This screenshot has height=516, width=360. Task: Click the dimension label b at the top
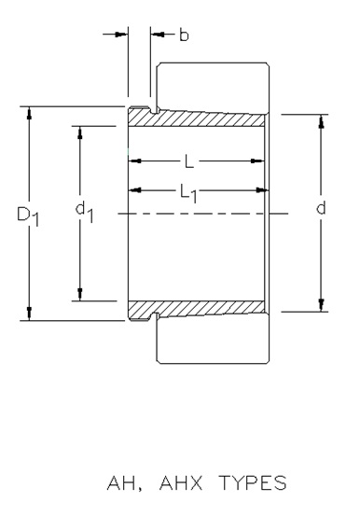tap(184, 35)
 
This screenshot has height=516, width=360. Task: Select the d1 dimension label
tap(84, 212)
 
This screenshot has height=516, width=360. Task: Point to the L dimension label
tap(189, 161)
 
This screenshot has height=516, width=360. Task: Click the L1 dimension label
tap(188, 193)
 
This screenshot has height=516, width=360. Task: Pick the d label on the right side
tap(321, 208)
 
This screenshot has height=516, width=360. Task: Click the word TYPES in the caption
tap(253, 482)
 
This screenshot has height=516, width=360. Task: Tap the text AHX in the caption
tap(181, 482)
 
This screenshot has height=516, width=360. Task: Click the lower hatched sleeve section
tap(196, 309)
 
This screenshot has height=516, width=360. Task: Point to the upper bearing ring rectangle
tap(213, 87)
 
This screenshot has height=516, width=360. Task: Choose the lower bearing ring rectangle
tap(213, 339)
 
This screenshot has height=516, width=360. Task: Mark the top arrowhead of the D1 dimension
tap(29, 113)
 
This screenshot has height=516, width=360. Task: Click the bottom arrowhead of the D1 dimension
tap(29, 314)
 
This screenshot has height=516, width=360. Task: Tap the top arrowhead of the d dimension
tap(322, 121)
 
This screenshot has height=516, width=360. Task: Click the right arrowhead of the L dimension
tap(257, 161)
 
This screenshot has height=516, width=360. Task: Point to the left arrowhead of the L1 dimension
tap(135, 189)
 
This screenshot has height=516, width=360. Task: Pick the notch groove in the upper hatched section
tap(154, 110)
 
